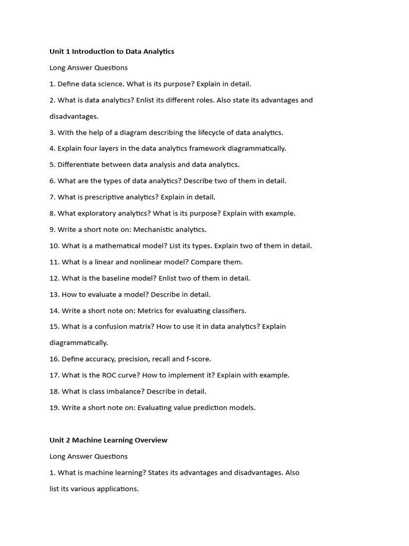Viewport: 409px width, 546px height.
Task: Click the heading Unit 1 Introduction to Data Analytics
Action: click(112, 52)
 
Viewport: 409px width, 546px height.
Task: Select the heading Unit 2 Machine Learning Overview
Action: click(108, 440)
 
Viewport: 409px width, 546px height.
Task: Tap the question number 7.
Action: click(52, 197)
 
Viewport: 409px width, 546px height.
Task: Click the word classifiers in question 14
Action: click(228, 311)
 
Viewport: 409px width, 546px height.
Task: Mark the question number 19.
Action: click(54, 408)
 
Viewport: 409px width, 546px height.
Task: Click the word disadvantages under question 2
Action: click(74, 116)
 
